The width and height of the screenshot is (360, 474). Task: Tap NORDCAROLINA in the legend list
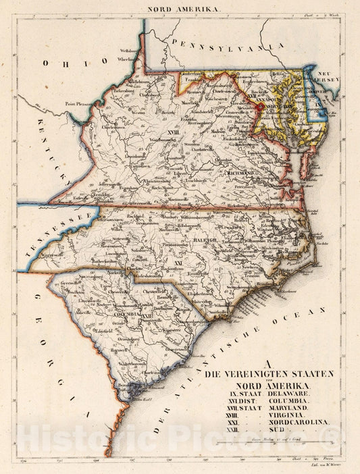(x=298, y=425)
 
